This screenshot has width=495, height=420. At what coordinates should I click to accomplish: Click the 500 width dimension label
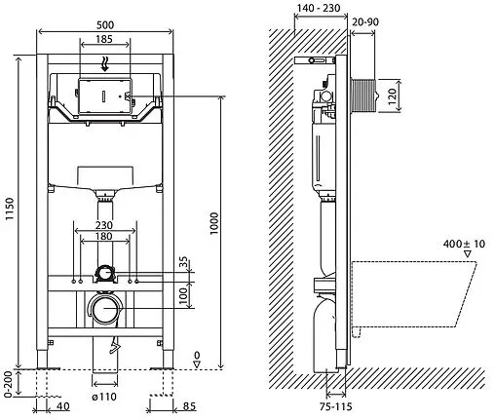[x=105, y=25]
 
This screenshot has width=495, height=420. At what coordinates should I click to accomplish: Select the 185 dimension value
[x=104, y=39]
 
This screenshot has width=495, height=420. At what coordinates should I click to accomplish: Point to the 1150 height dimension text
[x=10, y=209]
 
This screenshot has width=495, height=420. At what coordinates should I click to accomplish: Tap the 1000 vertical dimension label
[x=214, y=223]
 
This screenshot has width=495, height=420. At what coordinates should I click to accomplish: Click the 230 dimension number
[x=104, y=225]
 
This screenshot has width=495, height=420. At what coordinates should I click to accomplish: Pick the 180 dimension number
[x=104, y=236]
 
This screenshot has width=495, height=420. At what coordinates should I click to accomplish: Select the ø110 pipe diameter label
[x=104, y=397]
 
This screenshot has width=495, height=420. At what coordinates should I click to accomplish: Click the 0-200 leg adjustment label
[x=9, y=384]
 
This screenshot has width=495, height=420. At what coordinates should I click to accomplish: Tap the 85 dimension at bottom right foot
[x=190, y=406]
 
